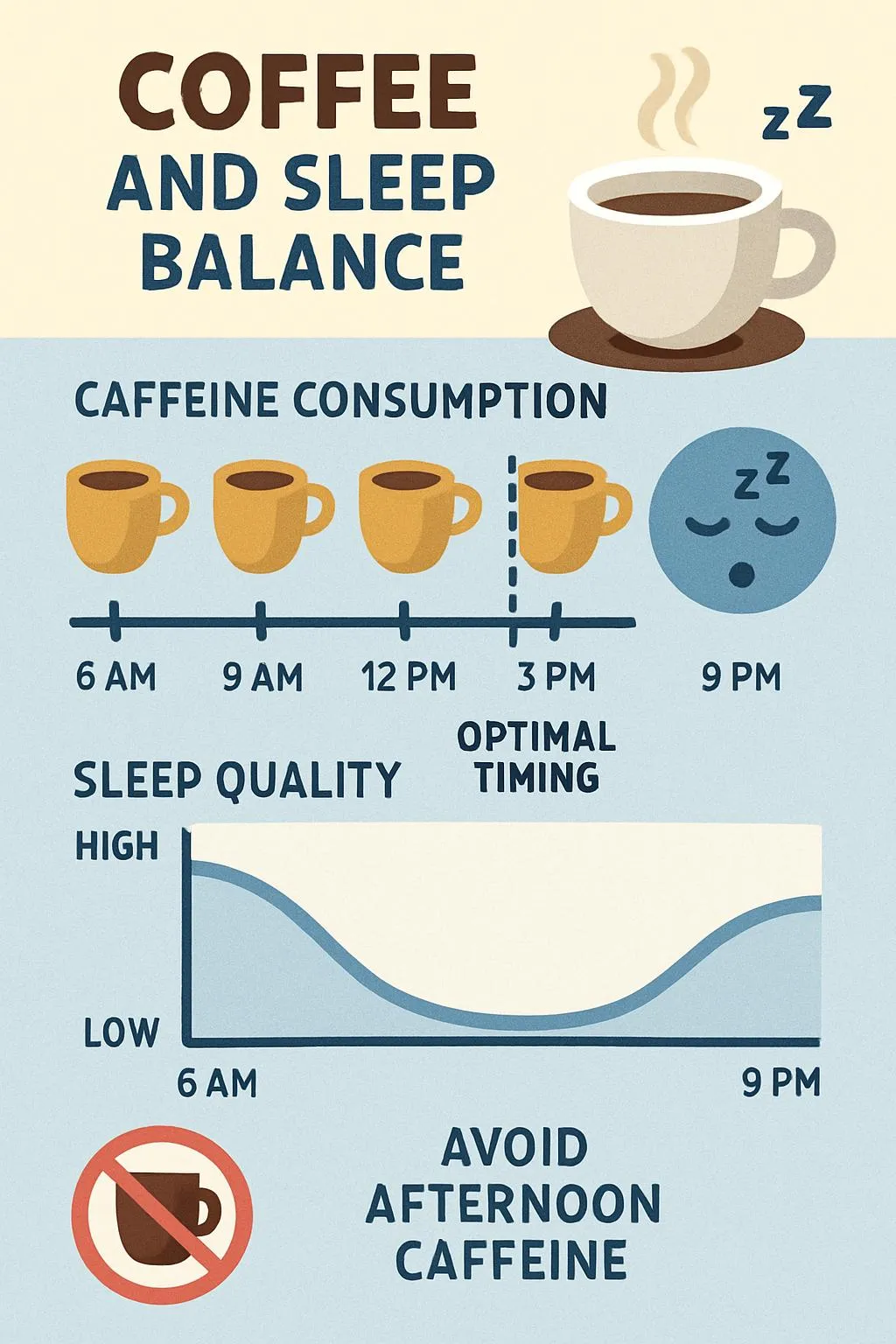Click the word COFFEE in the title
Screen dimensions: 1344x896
[297, 91]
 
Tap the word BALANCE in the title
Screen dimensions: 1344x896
[303, 260]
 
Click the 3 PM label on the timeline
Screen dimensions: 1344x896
[556, 677]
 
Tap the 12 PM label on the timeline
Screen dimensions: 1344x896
[409, 677]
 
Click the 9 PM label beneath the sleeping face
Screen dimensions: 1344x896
[741, 677]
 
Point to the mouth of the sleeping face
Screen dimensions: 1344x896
[742, 575]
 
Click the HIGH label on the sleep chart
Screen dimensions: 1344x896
[117, 847]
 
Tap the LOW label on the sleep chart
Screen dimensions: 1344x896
[122, 1033]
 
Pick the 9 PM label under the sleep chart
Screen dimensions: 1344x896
[781, 1083]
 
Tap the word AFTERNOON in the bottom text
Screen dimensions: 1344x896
[513, 1204]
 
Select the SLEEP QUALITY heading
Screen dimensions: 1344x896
[237, 780]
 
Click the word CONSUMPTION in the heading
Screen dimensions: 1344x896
[450, 401]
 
